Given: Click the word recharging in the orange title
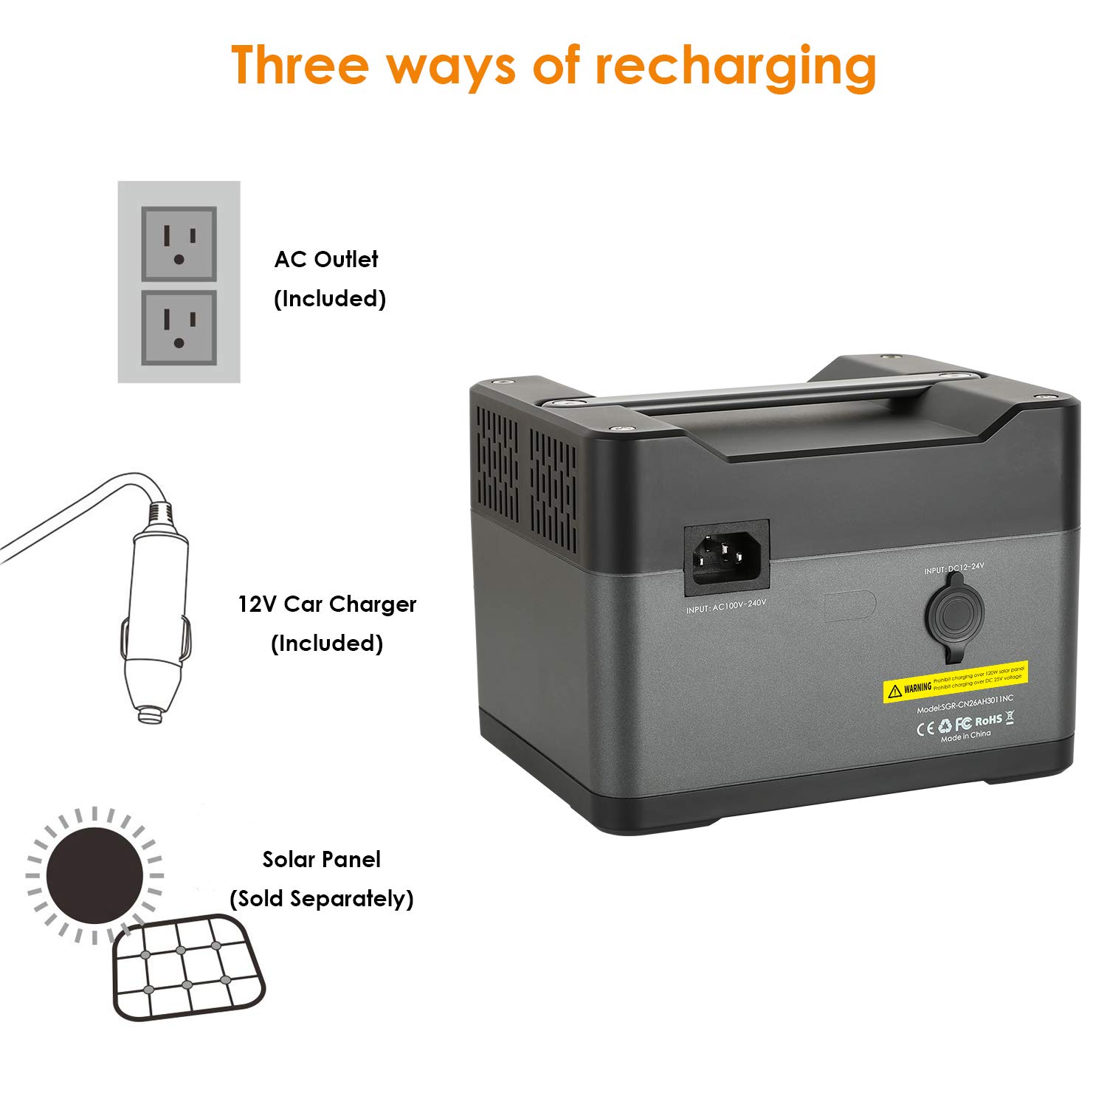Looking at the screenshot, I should [x=735, y=66].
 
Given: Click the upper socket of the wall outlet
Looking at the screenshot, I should [x=179, y=244].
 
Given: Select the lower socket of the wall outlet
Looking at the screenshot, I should [x=179, y=327].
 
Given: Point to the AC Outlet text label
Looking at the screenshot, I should [x=326, y=259].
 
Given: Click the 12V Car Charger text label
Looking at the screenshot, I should [x=327, y=604].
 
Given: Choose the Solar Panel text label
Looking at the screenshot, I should [x=322, y=859].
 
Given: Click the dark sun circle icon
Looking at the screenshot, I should [x=95, y=875].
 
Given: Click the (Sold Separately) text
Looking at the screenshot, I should [x=322, y=899].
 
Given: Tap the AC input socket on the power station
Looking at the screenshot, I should [x=726, y=558].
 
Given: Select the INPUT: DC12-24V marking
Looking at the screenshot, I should [x=953, y=568].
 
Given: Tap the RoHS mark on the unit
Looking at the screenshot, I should [x=988, y=720].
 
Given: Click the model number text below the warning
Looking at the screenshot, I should [x=965, y=704].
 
